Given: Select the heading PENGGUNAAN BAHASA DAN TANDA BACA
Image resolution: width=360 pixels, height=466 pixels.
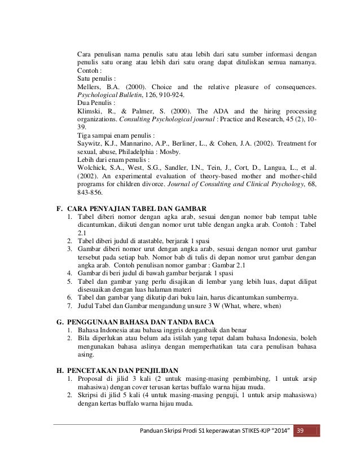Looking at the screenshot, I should click(141, 322).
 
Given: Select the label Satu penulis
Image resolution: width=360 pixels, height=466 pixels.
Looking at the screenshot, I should click(95, 78).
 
